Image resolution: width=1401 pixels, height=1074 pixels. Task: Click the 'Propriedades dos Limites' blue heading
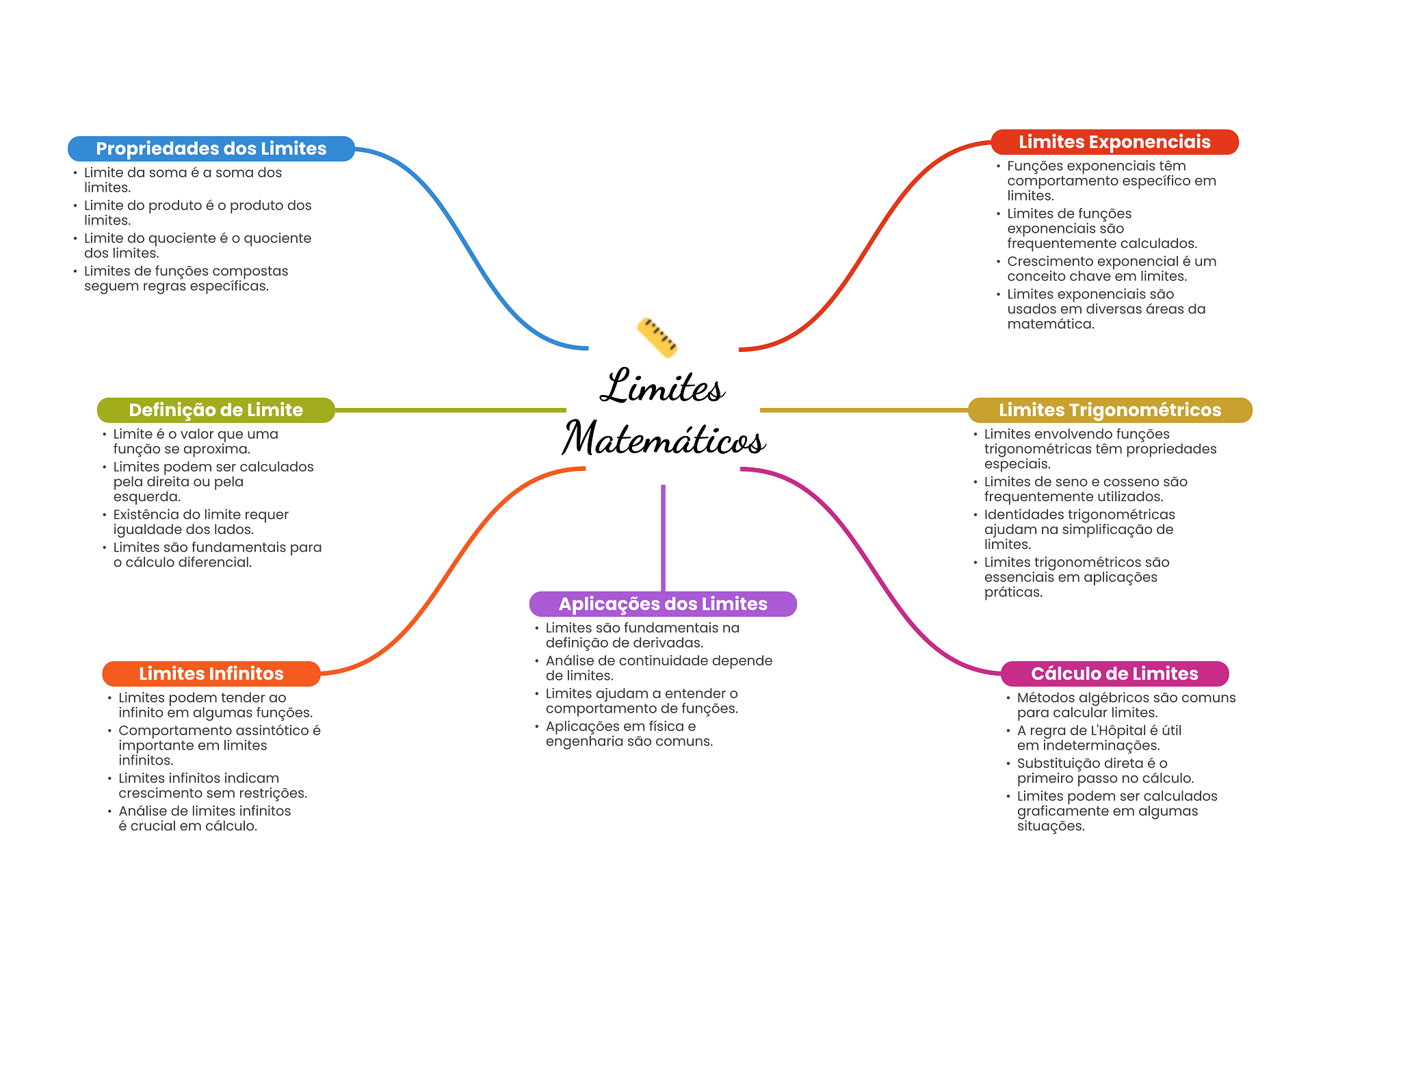click(211, 149)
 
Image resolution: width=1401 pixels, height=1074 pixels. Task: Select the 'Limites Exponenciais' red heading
click(1114, 142)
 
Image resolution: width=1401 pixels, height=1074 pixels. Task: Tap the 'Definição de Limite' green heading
click(215, 410)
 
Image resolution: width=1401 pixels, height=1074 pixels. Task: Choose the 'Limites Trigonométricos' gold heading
click(1110, 410)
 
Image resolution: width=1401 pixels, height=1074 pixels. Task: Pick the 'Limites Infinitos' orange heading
click(211, 674)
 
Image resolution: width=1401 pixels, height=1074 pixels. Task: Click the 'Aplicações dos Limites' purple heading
click(662, 604)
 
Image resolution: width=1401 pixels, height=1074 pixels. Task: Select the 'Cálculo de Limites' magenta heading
click(1114, 674)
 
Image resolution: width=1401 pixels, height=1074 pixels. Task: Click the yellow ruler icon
click(657, 337)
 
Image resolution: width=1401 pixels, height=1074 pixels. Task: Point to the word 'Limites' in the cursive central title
click(662, 387)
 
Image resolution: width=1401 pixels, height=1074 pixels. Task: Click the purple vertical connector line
click(663, 537)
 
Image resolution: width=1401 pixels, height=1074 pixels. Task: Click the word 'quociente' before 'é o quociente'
click(182, 238)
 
